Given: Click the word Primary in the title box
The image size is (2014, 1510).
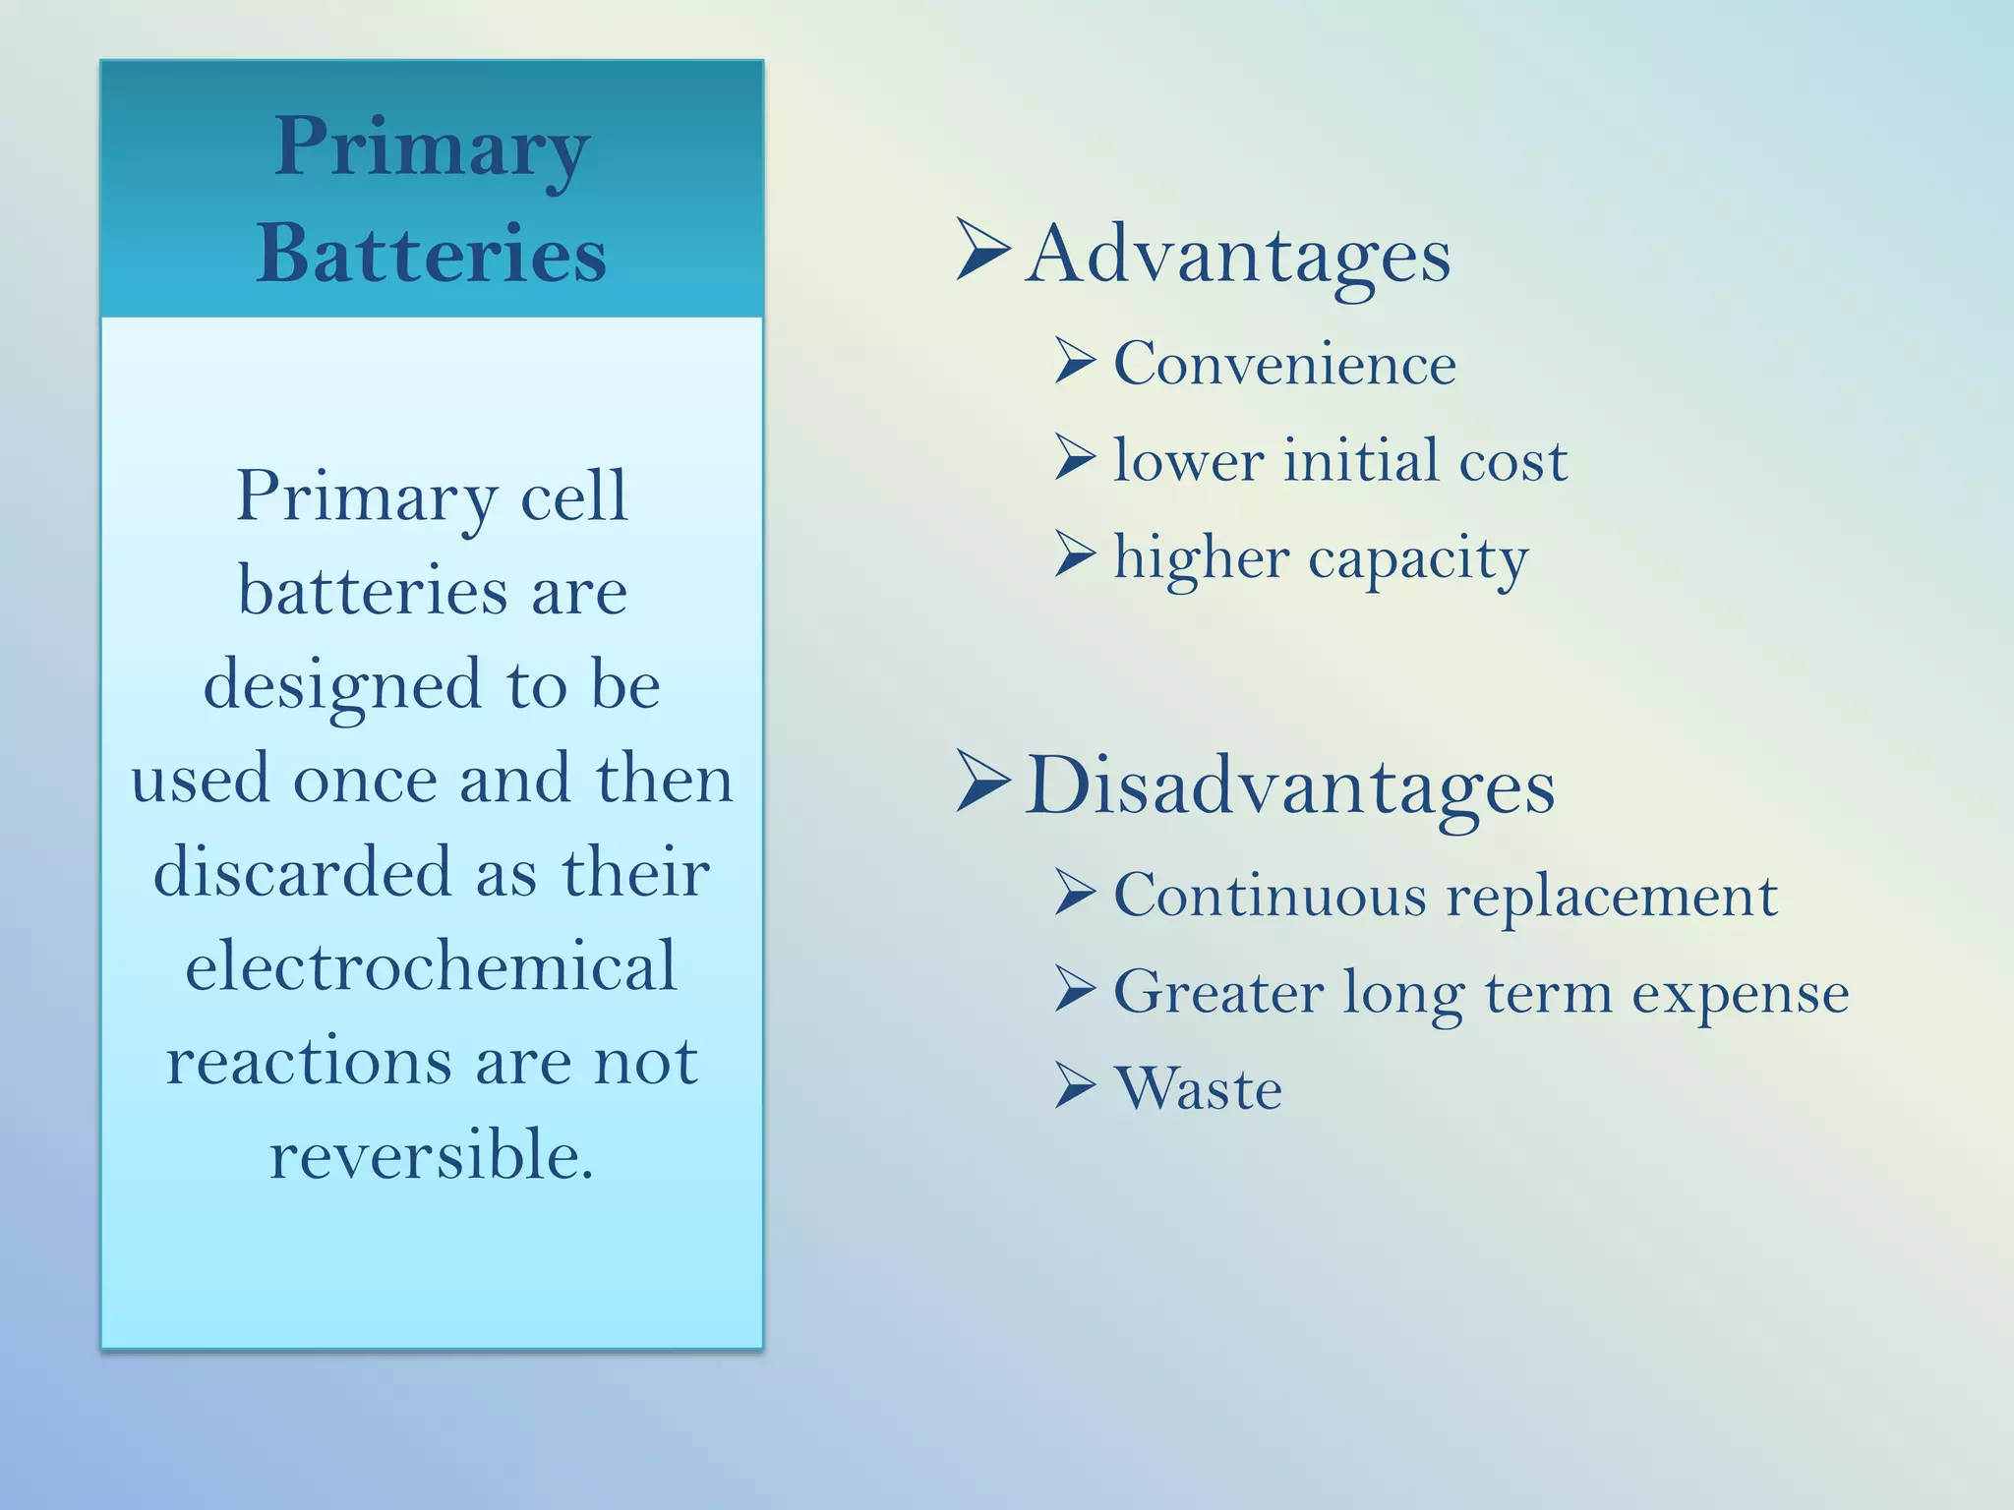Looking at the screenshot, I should (x=432, y=147).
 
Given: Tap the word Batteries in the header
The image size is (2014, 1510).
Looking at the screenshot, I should (x=432, y=254).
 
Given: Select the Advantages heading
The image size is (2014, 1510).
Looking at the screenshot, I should (x=1237, y=256).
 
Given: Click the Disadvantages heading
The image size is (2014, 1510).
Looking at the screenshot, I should (x=1289, y=786).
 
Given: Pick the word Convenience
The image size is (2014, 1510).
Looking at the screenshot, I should (x=1284, y=364).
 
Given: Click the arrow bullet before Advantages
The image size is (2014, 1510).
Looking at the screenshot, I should (x=982, y=250).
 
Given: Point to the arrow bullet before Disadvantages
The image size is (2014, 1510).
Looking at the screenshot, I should (x=982, y=782).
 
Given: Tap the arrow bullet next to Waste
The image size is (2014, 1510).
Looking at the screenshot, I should (x=1075, y=1086).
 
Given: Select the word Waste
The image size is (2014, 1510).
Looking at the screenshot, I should (x=1198, y=1089).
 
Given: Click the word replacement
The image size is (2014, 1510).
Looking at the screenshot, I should (x=1612, y=897).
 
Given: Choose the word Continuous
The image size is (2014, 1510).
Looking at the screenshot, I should (x=1270, y=896).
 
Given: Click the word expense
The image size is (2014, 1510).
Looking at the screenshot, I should (x=1741, y=994).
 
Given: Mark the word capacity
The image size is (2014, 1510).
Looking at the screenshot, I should (x=1418, y=560).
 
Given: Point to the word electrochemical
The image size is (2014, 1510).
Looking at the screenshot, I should (x=432, y=965).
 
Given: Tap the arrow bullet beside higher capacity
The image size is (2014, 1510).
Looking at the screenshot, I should (x=1075, y=554).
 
